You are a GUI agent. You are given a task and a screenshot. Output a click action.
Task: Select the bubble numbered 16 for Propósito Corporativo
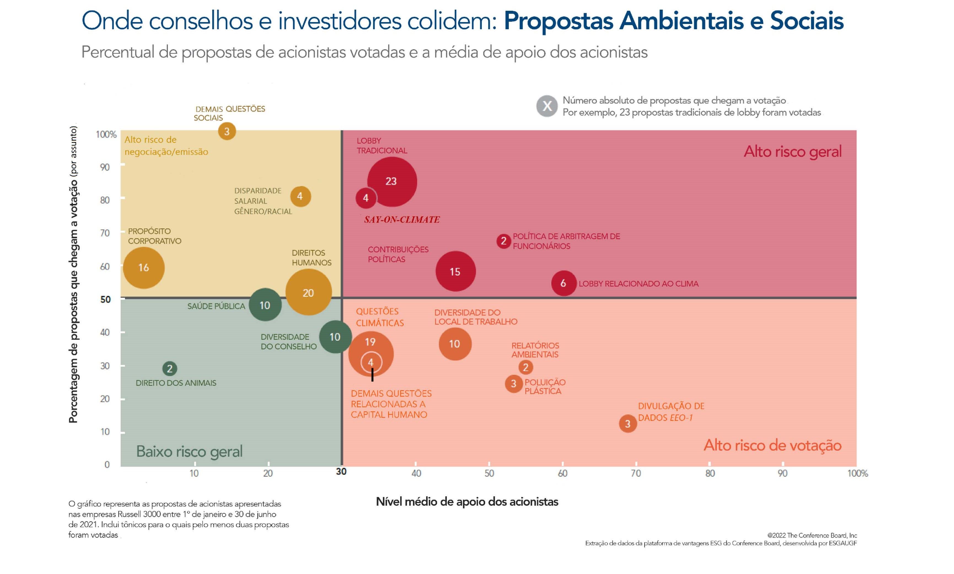[x=144, y=268]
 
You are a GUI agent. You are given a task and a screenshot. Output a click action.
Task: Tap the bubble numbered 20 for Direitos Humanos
[x=308, y=292]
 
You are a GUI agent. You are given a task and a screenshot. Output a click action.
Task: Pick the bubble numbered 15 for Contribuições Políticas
[x=455, y=271]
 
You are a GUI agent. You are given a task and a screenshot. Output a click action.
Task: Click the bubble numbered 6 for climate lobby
[x=563, y=283]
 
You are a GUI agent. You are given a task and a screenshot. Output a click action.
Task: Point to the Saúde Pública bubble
[x=265, y=305]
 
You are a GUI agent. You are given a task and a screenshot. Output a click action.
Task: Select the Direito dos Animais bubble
[x=170, y=369]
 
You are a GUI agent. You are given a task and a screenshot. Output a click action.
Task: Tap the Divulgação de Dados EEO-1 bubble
[x=627, y=424]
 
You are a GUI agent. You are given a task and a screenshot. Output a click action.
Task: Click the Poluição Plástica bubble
[x=513, y=384]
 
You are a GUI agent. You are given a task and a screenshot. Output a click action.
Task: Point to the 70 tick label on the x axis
[x=636, y=473]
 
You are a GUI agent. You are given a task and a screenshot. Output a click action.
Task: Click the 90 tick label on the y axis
[x=105, y=167]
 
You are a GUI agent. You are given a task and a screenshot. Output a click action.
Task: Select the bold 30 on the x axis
[x=341, y=471]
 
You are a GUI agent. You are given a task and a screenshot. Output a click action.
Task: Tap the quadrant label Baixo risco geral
[x=189, y=451]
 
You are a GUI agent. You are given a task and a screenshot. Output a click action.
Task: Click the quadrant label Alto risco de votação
[x=772, y=445]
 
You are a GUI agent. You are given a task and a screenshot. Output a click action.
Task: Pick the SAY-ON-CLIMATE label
[x=402, y=220]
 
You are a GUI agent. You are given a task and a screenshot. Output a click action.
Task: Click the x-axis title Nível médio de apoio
[x=467, y=502]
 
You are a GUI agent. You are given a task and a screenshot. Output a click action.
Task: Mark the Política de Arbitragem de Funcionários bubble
[x=503, y=241]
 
